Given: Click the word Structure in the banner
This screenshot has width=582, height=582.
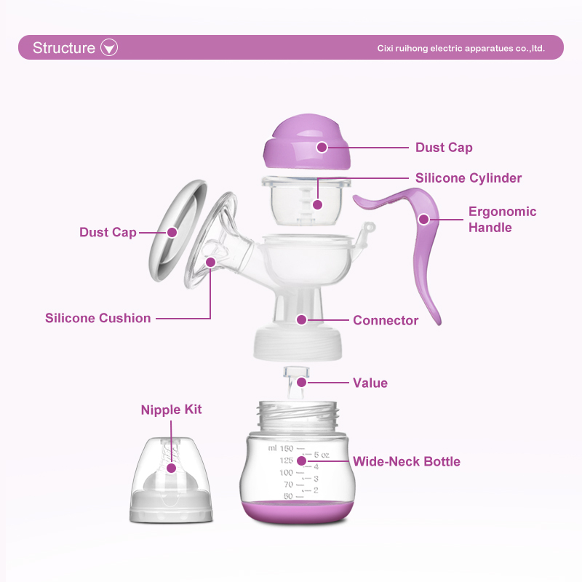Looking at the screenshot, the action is [64, 48].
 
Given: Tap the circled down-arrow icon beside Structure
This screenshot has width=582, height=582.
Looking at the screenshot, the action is [109, 47].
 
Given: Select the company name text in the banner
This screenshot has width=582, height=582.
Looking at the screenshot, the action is [461, 48].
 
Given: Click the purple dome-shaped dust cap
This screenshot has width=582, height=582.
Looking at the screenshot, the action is [307, 141].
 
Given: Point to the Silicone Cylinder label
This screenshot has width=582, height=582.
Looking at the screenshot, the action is [469, 178].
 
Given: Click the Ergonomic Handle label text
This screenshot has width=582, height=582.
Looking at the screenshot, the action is [502, 220].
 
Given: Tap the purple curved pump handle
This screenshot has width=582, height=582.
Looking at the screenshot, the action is [408, 238].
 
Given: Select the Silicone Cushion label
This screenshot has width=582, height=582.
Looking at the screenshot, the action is [98, 318].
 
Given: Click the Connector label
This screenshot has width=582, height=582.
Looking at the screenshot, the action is [386, 320].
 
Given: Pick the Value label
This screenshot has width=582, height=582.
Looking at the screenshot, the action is [370, 383].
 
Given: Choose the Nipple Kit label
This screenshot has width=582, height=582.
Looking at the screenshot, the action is [171, 410].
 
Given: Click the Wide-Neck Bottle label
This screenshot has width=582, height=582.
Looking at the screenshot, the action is [407, 461].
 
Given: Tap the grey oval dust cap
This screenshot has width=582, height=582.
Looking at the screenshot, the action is [178, 230].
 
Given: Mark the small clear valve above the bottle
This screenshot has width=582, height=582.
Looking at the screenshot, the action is [296, 383].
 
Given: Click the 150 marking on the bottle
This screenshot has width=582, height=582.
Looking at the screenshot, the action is [287, 448].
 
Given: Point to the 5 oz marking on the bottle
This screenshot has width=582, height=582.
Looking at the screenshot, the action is [322, 455].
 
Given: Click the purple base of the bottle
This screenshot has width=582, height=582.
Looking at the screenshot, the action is [297, 512].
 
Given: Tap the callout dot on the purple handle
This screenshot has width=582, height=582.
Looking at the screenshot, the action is [424, 220].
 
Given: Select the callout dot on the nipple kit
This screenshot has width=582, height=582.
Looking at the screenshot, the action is [171, 468].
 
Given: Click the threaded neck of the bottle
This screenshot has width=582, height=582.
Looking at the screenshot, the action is [298, 415].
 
